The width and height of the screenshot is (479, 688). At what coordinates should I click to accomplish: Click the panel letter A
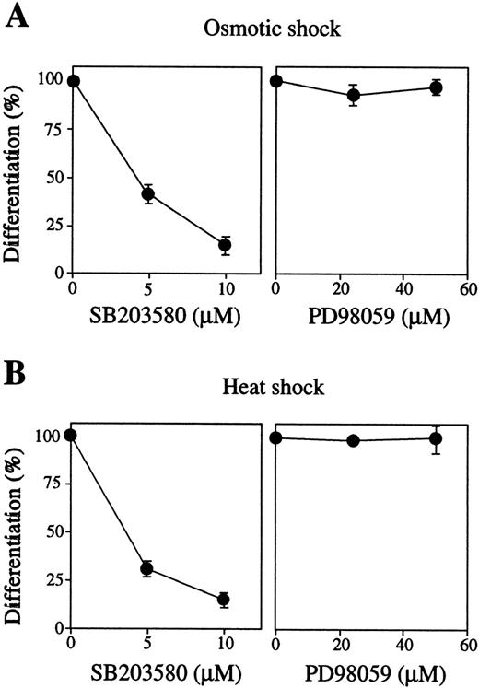point(17,17)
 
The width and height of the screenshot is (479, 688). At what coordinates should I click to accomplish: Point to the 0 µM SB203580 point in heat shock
point(72,436)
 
